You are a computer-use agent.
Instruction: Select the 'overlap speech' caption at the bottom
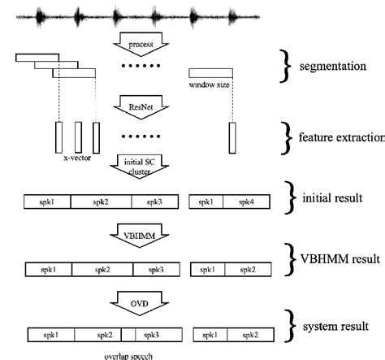[x=128, y=354]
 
